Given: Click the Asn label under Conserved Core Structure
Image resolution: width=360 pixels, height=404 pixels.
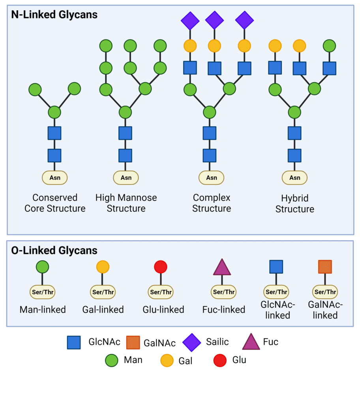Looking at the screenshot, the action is coord(54,178).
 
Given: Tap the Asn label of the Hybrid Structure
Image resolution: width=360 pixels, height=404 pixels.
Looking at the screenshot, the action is coord(294,178).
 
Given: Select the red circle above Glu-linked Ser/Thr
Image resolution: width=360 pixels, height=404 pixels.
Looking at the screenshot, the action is coord(161,267).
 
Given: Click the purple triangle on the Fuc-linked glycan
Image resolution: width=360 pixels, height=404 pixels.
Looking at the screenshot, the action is coord(222,267).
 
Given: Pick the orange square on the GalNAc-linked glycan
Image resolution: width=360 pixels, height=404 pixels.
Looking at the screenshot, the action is coord(325,267).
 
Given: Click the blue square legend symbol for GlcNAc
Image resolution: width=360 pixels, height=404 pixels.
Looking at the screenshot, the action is coord(74,342).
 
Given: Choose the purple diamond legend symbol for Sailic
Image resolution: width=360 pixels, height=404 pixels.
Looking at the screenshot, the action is coord(191,342).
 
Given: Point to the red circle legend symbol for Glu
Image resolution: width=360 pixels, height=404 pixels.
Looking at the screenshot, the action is coord(220,360).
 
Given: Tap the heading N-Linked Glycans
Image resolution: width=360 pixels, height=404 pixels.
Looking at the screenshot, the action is coord(54,15).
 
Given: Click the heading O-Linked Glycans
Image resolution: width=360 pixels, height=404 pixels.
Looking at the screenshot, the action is coord(54,251).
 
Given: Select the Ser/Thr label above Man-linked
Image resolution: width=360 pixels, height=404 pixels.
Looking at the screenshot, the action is coord(43,292).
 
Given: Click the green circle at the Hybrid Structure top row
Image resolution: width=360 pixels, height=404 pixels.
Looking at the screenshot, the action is coord(329,46).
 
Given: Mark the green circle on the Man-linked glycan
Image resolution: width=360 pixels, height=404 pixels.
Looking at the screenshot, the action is coord(42,267).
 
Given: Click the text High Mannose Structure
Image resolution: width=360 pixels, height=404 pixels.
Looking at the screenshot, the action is coord(126,203).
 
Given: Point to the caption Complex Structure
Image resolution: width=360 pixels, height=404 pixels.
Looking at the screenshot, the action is coord(212,203).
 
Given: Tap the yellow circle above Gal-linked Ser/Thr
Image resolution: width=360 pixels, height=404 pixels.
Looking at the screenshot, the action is coord(103,267).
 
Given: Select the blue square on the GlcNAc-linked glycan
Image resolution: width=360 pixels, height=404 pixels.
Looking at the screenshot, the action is coord(276,267).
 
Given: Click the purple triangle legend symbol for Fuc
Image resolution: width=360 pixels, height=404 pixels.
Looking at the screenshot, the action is coord(251,342).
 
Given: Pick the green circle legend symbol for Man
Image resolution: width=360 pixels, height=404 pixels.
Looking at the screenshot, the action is coord(112,360).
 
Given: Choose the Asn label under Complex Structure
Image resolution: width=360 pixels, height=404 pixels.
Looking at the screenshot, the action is coord(211,178).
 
